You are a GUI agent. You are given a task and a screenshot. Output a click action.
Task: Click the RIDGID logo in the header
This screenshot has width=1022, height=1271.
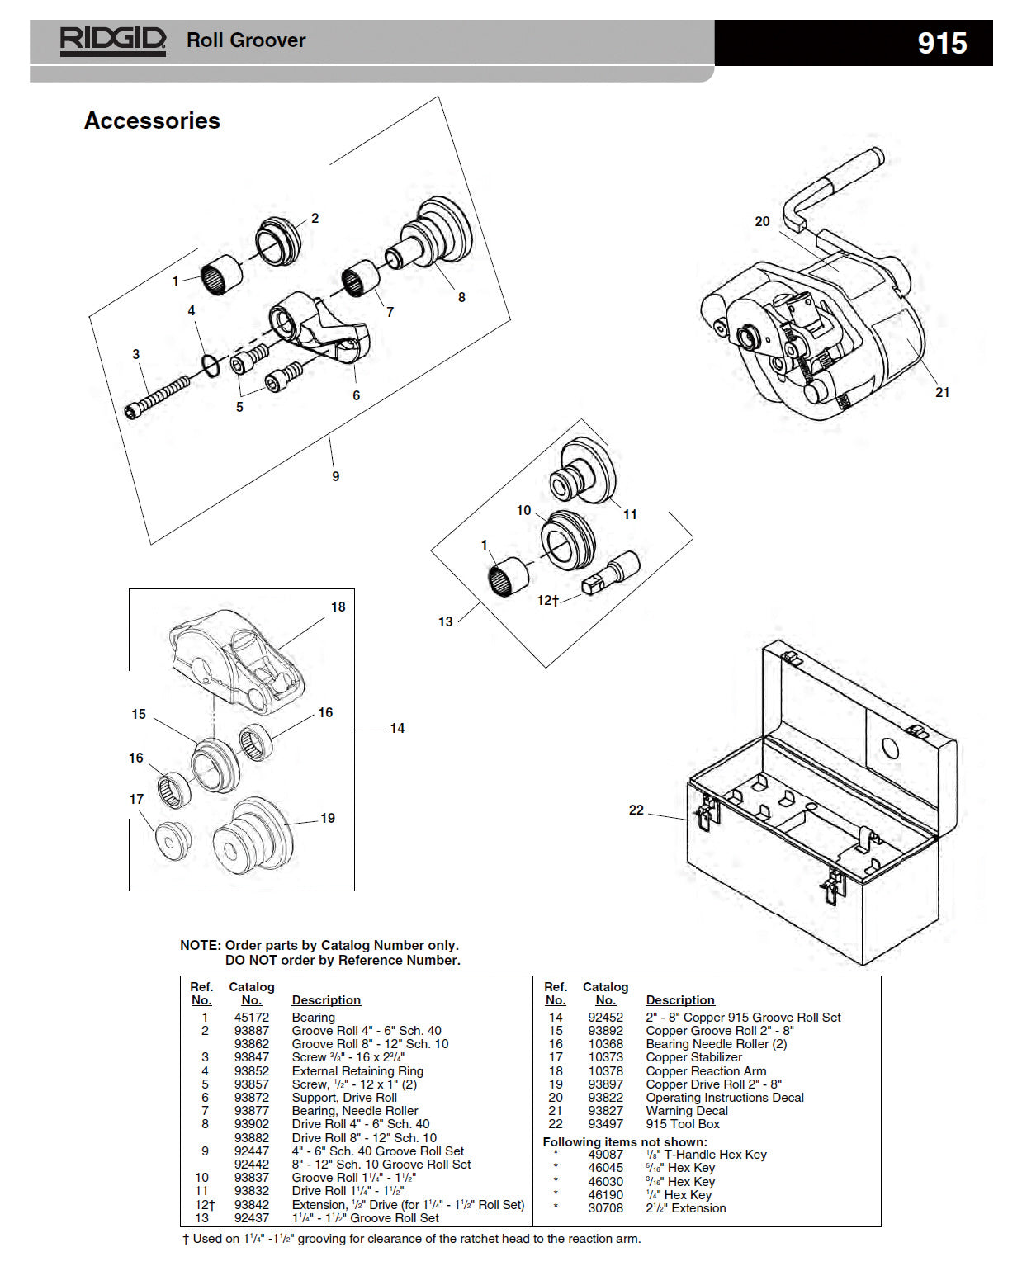coord(113,40)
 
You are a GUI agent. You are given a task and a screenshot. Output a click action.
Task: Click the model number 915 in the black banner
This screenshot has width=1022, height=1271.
coord(942,43)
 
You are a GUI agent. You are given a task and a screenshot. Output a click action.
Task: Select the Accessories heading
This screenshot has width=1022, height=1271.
coord(152,120)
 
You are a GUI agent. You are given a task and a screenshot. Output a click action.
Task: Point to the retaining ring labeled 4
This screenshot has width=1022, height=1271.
coord(211,365)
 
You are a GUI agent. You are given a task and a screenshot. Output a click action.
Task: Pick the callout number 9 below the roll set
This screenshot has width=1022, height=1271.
coord(335,476)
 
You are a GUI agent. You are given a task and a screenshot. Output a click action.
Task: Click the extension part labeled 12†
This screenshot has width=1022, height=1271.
coord(612,573)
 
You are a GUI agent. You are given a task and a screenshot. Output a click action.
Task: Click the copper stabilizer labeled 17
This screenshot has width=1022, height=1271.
coord(173,841)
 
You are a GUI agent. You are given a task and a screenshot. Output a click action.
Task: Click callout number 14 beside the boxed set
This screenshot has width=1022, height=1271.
coord(397,728)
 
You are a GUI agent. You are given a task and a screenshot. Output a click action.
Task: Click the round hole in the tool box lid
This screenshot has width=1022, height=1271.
coord(890,749)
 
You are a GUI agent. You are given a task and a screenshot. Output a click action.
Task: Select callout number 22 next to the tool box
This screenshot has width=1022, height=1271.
coord(636,810)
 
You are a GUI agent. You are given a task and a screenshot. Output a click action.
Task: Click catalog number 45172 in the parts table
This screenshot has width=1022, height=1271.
coord(251,1018)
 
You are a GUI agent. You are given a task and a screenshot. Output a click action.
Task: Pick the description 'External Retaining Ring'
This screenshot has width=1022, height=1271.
coord(357,1071)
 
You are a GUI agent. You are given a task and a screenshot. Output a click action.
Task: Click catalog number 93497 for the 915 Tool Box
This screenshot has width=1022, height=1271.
coord(605,1124)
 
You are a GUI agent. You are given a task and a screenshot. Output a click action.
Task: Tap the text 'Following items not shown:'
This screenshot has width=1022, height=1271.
coord(624,1142)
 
